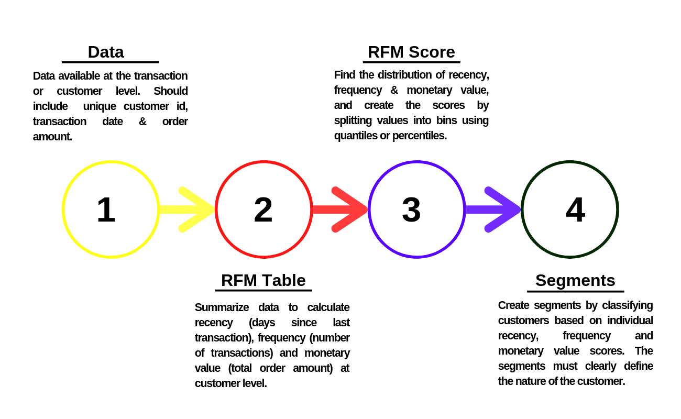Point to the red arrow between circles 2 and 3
click(340, 210)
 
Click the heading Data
click(106, 52)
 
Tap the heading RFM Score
click(411, 52)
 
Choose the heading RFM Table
click(263, 281)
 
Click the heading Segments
click(575, 281)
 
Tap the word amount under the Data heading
click(52, 137)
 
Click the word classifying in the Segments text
click(627, 305)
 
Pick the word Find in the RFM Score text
click(345, 75)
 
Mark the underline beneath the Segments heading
click(575, 291)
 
